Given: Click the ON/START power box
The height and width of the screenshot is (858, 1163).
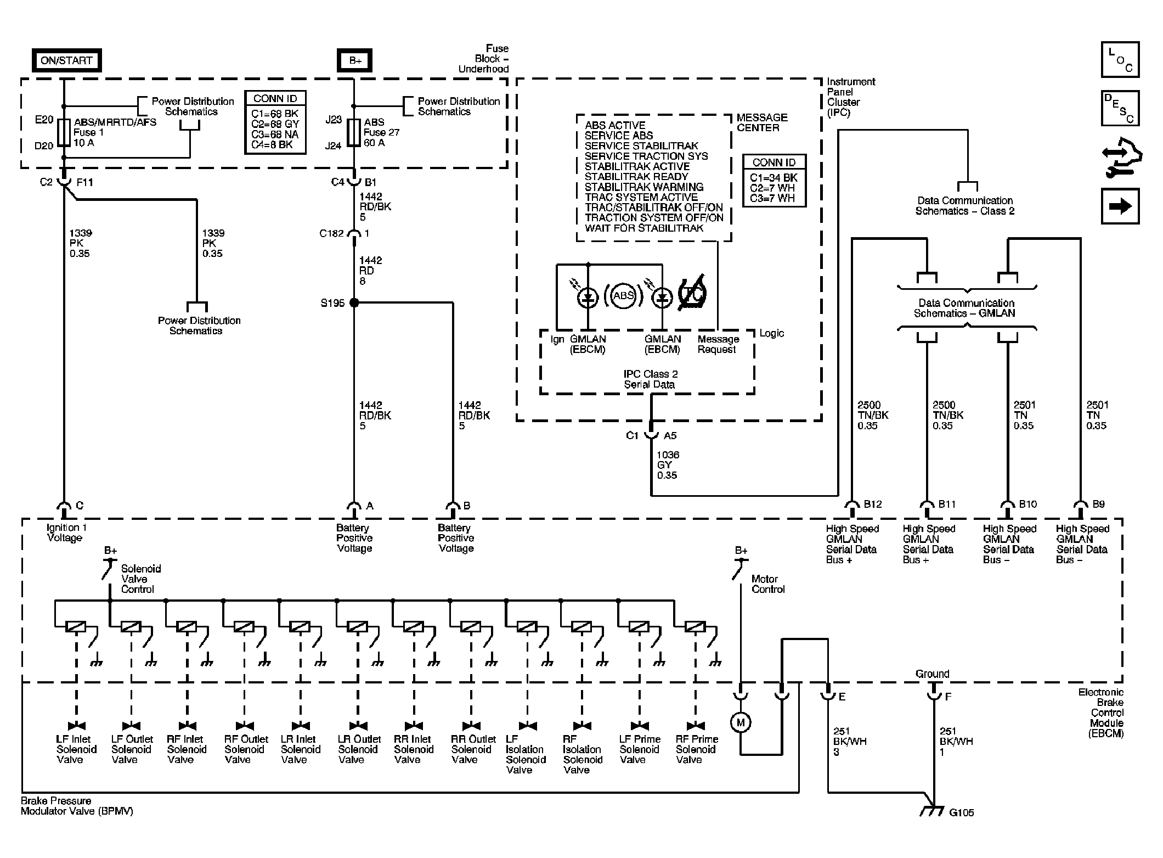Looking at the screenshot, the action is click(66, 60).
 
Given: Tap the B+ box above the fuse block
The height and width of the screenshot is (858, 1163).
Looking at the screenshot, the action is click(355, 60).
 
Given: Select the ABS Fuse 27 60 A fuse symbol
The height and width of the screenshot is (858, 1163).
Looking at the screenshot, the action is click(354, 132).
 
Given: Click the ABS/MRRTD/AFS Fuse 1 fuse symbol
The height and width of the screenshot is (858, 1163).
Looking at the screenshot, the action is click(64, 132).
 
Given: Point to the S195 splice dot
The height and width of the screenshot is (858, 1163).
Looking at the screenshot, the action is click(354, 302).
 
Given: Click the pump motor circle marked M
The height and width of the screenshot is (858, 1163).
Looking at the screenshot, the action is click(741, 722).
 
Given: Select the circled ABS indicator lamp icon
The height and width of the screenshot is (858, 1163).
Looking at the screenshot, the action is click(623, 296).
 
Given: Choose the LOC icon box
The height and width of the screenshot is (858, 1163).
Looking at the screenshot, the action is click(1120, 60).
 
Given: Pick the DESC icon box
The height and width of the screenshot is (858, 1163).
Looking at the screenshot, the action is click(1120, 108).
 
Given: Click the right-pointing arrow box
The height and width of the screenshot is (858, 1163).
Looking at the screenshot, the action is click(1120, 206).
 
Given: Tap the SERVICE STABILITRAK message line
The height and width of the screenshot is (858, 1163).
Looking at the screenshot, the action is click(641, 146).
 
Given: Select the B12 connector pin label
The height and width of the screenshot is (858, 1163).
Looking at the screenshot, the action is click(873, 504).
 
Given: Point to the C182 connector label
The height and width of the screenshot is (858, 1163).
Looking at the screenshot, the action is click(331, 233).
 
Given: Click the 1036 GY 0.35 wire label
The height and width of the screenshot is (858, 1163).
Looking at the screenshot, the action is click(668, 465).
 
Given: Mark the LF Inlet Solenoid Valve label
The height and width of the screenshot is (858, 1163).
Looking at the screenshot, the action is click(76, 749).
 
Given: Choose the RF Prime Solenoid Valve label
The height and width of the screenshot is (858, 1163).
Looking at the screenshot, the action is click(697, 749).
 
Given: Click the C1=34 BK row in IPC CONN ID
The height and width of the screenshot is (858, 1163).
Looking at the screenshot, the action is click(774, 178).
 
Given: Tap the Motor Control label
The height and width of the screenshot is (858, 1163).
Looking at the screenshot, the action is click(768, 584).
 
